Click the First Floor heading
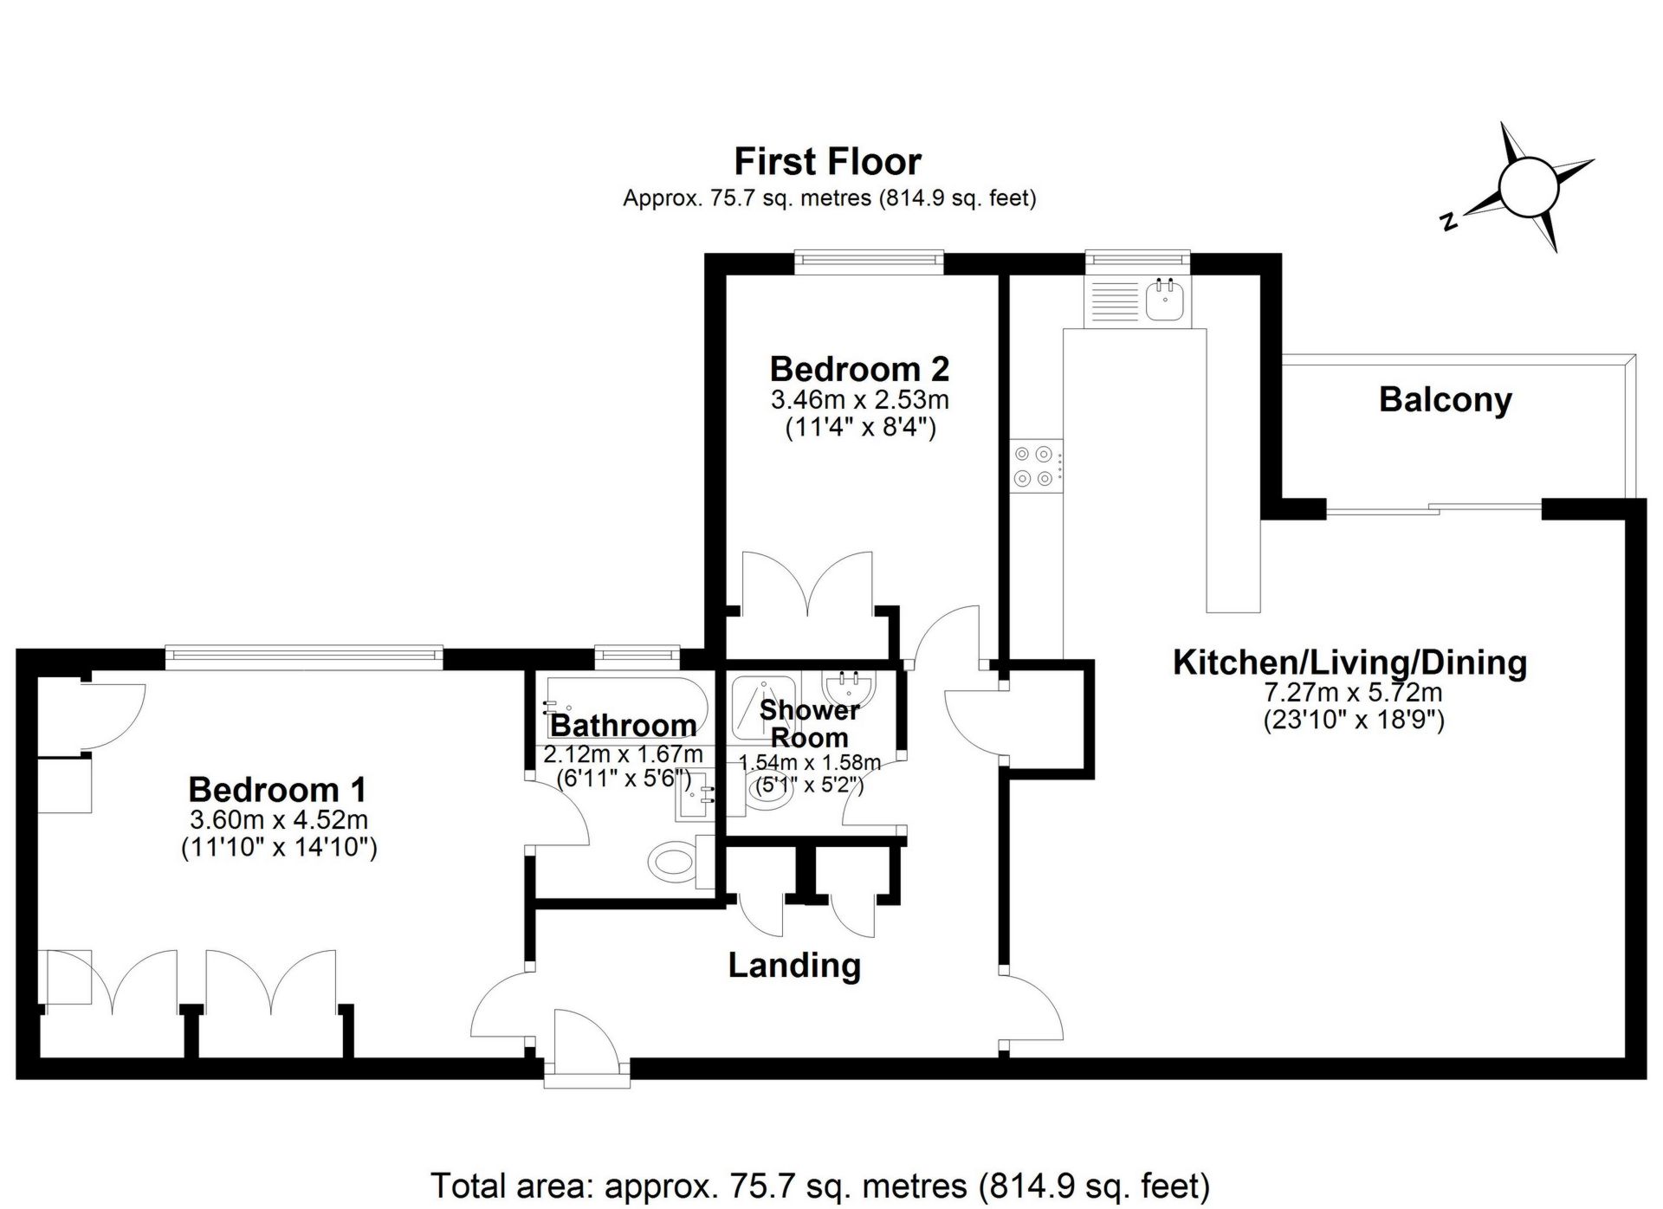[x=827, y=162]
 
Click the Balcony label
[x=1445, y=399]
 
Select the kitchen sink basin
[x=1166, y=301]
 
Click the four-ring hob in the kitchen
[x=1035, y=466]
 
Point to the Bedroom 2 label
[x=859, y=369]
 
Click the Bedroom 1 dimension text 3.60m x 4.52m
[x=279, y=819]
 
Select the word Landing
[x=794, y=965]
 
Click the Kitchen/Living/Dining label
[x=1349, y=663]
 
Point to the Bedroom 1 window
[x=303, y=656]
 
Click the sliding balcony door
[x=1433, y=511]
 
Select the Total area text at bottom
[x=819, y=1185]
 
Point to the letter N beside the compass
[x=1447, y=222]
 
